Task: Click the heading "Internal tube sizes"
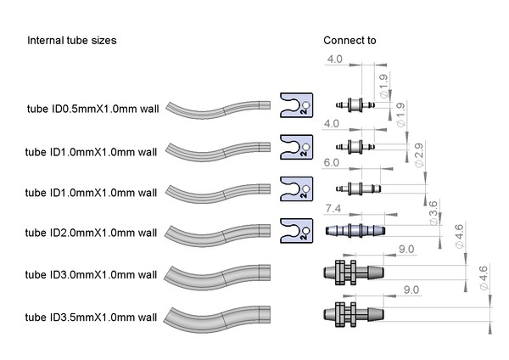[72, 41]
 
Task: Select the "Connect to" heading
[350, 41]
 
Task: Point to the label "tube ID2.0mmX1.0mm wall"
[92, 233]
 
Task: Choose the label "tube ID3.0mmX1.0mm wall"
[92, 274]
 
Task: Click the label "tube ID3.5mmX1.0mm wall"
[92, 318]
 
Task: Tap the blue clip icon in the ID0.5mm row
[296, 105]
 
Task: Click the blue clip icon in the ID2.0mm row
[296, 229]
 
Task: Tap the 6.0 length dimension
[331, 162]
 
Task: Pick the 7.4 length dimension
[333, 207]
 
